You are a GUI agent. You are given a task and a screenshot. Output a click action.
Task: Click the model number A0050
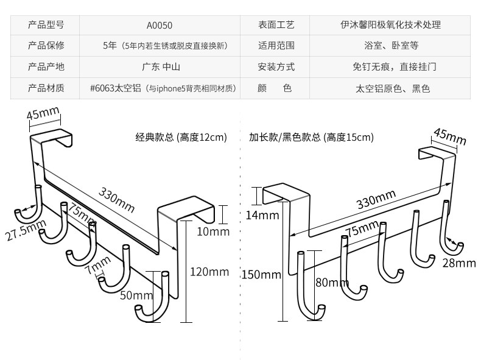pos(160,25)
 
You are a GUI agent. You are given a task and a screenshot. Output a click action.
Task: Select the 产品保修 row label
pos(46,46)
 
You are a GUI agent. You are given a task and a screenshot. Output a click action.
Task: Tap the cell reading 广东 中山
pos(161,67)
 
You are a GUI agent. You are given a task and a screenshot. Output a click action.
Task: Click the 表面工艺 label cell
pos(276,25)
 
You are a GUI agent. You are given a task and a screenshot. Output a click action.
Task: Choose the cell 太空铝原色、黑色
pos(393,88)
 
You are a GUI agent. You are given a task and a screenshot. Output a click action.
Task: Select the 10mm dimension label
pos(212,231)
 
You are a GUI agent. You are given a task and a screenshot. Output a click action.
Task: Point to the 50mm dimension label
pos(135,295)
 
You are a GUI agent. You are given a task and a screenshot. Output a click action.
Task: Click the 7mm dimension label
pos(97,267)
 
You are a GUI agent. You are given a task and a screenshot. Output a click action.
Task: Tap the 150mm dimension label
pos(261,274)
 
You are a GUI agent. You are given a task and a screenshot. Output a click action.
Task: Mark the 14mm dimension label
pos(262,215)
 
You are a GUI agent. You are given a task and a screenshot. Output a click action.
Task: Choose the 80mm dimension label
pos(332,282)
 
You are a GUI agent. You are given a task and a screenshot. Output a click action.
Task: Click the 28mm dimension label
pos(458,263)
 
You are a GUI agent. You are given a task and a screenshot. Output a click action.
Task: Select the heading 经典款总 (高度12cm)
pos(181,137)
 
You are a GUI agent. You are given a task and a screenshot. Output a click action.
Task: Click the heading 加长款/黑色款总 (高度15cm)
pos(311,137)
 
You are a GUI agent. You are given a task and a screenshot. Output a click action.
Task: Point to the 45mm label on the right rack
pos(449,137)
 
